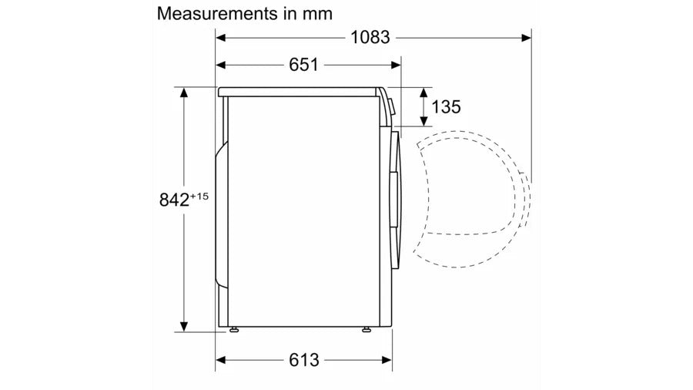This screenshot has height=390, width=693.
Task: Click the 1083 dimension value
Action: pos(370,38)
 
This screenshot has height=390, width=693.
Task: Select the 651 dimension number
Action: pos(303,65)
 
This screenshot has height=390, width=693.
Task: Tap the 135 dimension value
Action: pos(446,107)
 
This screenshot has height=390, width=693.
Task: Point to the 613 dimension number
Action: pos(304,360)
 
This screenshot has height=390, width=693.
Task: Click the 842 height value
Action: pos(174,200)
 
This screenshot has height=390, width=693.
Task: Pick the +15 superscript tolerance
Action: pos(199,196)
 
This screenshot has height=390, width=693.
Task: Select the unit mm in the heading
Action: pos(317,15)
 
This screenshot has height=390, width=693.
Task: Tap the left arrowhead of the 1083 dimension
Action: pos(220,38)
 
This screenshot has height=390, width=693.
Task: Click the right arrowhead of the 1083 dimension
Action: pos(527,38)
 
